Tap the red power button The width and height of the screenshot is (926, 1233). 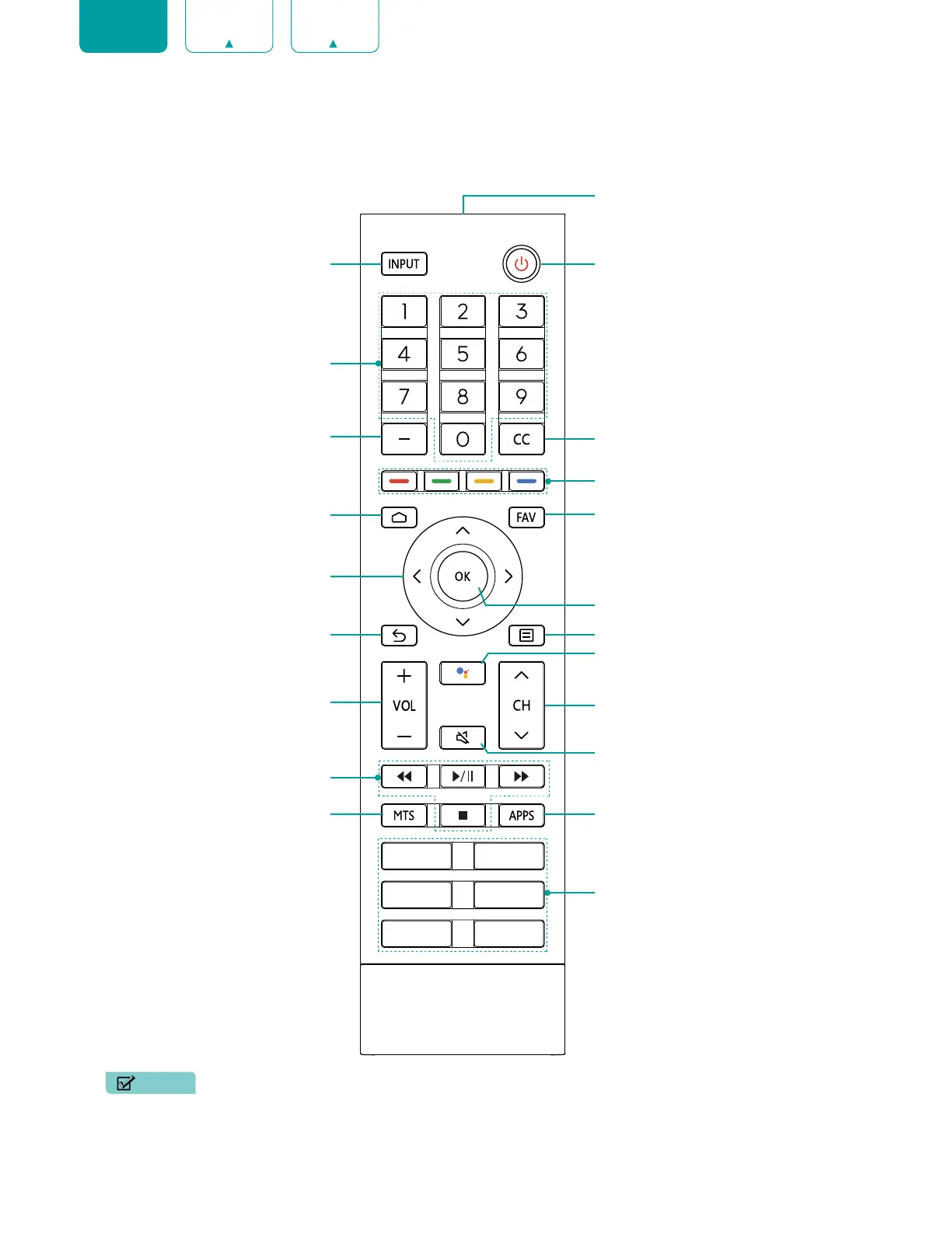click(x=521, y=264)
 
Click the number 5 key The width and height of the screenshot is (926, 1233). click(x=463, y=354)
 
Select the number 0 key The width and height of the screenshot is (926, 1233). click(x=463, y=440)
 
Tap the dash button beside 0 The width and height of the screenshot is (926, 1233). click(x=404, y=439)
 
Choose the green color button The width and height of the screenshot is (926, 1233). click(x=442, y=481)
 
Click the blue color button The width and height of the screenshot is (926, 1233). click(x=526, y=481)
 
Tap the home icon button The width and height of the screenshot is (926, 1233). click(x=399, y=517)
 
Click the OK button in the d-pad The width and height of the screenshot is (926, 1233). click(x=463, y=576)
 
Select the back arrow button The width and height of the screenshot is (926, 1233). click(x=399, y=636)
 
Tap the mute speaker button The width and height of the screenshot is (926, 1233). click(x=463, y=737)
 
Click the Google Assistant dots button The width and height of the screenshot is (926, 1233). click(x=463, y=673)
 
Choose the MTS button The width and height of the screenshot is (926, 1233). click(x=404, y=816)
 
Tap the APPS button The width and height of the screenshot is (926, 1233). click(x=522, y=816)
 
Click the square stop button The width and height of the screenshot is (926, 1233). click(x=463, y=816)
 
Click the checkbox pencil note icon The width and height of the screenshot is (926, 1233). click(x=126, y=1083)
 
